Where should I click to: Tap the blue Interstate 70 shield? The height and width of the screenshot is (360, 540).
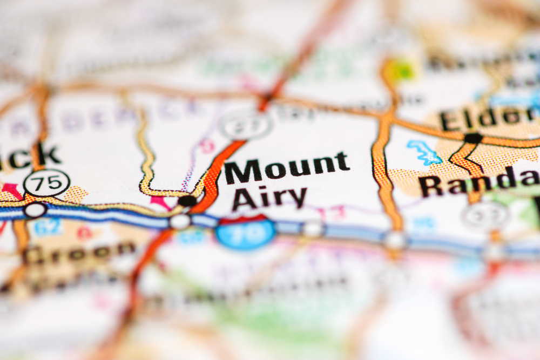[246, 233]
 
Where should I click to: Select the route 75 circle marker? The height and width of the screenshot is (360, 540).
[47, 182]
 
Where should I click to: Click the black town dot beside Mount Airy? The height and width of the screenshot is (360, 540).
[187, 201]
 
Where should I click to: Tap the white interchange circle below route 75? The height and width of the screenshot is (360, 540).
[35, 209]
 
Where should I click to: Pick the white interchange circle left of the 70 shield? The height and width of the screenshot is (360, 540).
[180, 221]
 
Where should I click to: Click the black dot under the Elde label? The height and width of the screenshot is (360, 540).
[473, 138]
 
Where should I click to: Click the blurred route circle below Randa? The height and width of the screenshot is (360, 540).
[485, 215]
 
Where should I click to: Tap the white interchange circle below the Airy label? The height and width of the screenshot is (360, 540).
[313, 228]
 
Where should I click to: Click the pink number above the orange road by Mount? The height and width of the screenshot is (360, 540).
[207, 145]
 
